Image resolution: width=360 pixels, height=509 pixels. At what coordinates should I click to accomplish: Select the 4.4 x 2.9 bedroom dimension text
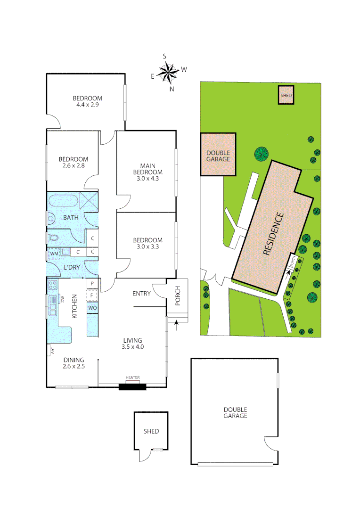point(87,105)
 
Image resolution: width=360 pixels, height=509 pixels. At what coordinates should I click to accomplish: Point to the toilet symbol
point(54,237)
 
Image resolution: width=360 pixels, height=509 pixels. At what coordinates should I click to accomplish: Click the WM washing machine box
point(54,254)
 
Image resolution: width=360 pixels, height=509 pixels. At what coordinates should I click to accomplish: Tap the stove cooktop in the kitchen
point(52,285)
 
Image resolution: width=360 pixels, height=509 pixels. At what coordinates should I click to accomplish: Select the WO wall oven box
point(92,308)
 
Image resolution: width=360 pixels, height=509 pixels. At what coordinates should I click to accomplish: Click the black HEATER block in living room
point(132,387)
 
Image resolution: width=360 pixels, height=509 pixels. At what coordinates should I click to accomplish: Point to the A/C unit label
point(53,350)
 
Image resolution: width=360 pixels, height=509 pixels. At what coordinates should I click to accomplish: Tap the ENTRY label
point(141,294)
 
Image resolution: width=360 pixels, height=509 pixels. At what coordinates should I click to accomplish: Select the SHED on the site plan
point(286,95)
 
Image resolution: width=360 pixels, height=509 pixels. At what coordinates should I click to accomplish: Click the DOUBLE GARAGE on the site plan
point(218,156)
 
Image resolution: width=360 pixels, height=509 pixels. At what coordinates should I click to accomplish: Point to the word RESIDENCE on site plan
point(273,234)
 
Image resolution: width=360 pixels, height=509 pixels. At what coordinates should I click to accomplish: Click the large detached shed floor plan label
point(151,431)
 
